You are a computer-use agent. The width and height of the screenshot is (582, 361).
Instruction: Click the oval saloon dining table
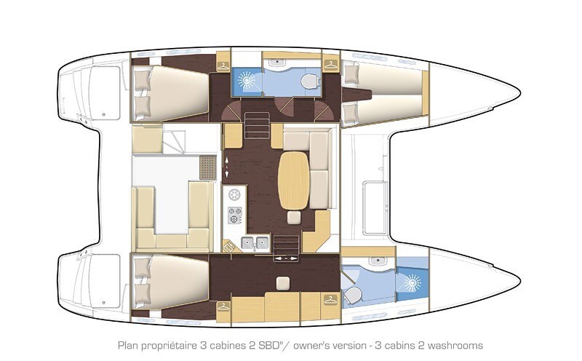point(294,178)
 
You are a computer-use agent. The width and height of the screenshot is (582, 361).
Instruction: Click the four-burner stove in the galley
point(235,215)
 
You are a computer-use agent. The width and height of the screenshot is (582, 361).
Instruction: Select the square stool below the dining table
point(294,218)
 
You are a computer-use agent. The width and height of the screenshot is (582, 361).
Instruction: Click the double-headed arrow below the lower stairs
point(285,258)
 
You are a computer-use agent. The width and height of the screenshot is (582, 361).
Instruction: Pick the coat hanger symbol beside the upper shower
point(331,63)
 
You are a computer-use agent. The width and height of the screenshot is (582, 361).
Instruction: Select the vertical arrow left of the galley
point(226,167)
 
